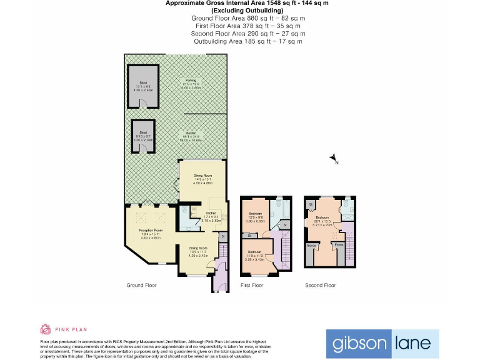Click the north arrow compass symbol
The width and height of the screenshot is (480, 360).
click(334, 158)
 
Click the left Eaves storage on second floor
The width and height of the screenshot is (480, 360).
click(311, 246)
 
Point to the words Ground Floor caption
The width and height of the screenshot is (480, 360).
click(141, 285)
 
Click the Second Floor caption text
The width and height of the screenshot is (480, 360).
click(320, 285)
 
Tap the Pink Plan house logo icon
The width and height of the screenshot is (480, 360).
click(45, 329)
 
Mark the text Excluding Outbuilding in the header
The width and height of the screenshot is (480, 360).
click(247, 11)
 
